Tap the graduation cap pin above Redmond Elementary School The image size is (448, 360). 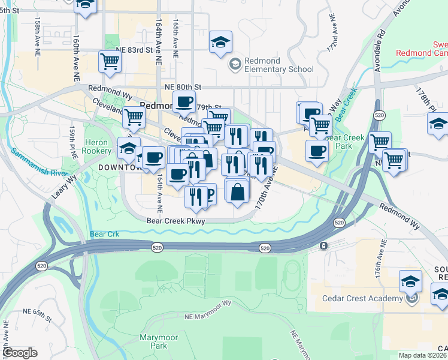pyautogui.click(x=220, y=43)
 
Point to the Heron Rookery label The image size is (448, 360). pyautogui.click(x=98, y=147)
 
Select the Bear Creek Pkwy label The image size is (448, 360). pyautogui.click(x=175, y=221)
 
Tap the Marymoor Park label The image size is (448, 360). pyautogui.click(x=159, y=341)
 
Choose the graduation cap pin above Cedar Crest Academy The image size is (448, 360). pyautogui.click(x=411, y=281)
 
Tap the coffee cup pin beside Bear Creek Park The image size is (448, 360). pyautogui.click(x=317, y=150)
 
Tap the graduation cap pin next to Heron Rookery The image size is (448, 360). pyautogui.click(x=128, y=148)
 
